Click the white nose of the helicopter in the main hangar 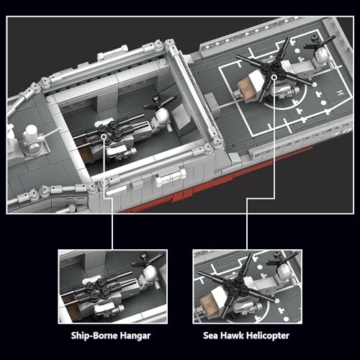click(159, 117)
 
